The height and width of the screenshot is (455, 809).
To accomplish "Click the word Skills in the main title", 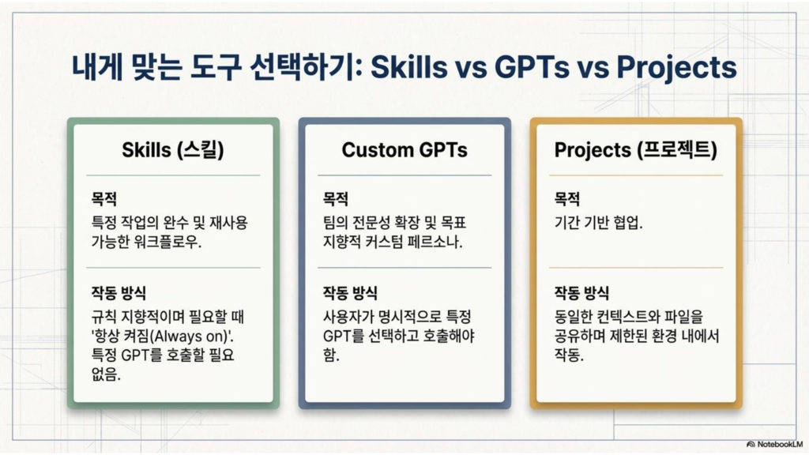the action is [x=408, y=66].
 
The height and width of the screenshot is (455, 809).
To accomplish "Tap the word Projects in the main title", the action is [x=676, y=68].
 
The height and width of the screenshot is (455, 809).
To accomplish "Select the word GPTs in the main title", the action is [x=532, y=66].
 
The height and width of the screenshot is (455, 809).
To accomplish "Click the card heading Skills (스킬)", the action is [x=173, y=150].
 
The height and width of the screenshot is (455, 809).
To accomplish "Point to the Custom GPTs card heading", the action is [x=404, y=149].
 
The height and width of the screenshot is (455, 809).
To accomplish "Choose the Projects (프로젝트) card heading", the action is [x=636, y=150].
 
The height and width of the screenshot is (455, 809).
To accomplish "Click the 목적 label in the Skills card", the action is [x=104, y=198].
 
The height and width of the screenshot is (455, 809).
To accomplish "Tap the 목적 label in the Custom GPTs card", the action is [x=336, y=198].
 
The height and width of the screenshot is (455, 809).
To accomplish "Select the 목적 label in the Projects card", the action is [x=567, y=198].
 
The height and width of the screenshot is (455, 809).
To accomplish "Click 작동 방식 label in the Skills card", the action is [x=119, y=293].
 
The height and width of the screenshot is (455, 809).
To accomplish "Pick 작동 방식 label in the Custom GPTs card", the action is [x=350, y=293].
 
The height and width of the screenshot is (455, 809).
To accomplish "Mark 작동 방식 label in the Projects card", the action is [x=581, y=293].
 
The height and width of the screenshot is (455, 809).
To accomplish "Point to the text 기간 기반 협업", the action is [x=599, y=223].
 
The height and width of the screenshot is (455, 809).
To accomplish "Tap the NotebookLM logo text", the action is [x=780, y=444].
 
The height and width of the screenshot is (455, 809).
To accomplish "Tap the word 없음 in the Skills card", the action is [x=106, y=374].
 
